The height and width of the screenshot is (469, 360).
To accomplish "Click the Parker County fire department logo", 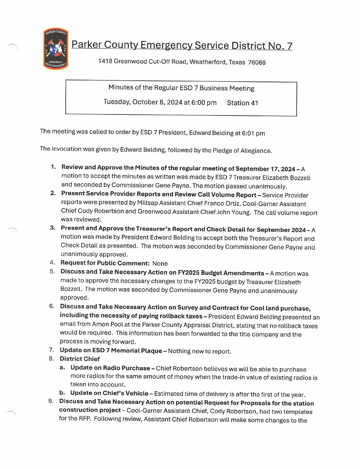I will tap(56, 49).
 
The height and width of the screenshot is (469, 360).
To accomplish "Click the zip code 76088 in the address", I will tap(256, 62).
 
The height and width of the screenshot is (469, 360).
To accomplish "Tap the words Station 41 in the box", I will tap(242, 103).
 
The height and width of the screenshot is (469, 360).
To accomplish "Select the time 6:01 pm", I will tap(253, 133).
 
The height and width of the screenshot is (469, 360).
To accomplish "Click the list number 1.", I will tap(53, 167).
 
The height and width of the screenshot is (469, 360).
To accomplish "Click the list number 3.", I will tap(52, 228).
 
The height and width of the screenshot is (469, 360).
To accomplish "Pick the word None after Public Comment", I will tap(160, 263).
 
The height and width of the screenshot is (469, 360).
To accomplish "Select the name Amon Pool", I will tap(104, 324).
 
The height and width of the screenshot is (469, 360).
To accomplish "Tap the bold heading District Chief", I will tap(80, 359).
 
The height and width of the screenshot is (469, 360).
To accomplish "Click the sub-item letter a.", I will tap(62, 368).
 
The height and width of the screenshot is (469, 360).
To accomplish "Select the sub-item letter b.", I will tap(62, 393).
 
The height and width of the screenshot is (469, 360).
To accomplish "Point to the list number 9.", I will tap(51, 401).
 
